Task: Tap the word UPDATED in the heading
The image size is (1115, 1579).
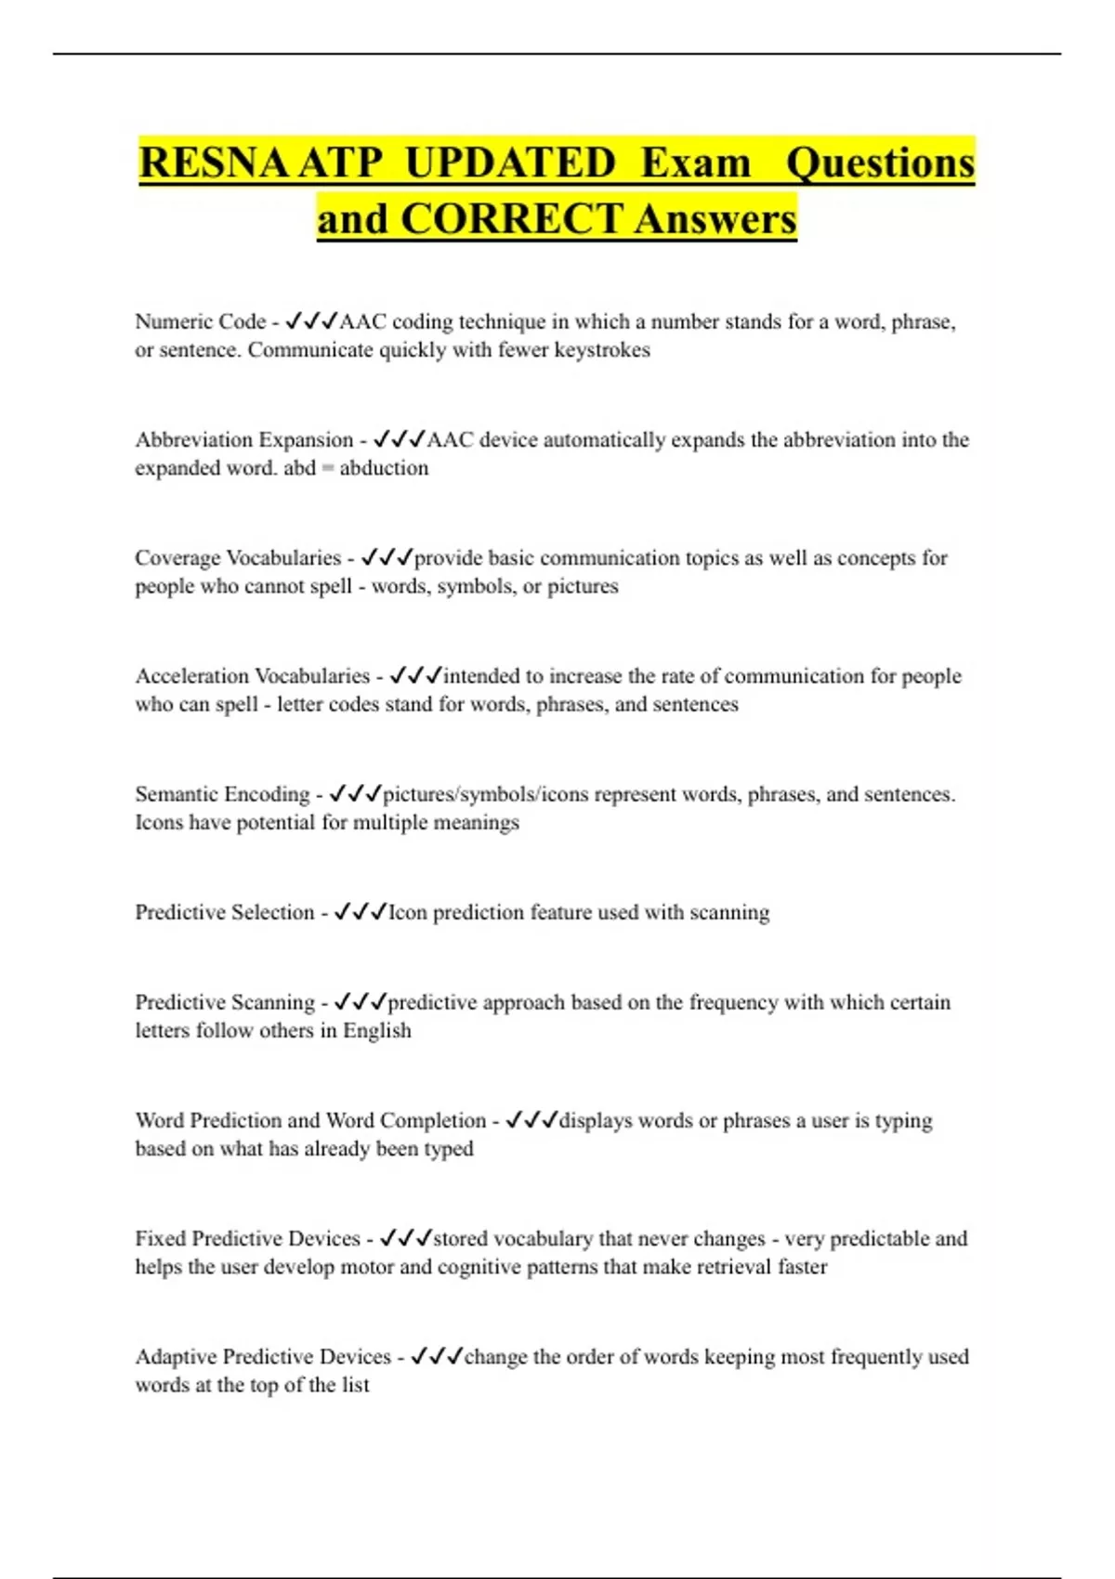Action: (x=510, y=163)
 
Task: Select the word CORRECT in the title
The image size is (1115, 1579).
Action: (x=511, y=219)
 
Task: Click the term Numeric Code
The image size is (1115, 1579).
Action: (x=200, y=321)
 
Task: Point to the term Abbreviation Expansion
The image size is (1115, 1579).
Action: (x=243, y=439)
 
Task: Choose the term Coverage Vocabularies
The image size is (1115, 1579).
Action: (x=238, y=557)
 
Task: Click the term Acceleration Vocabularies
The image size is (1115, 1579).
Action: (x=252, y=675)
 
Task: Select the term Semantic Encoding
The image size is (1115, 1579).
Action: (x=222, y=794)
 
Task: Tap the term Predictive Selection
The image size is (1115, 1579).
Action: (x=224, y=912)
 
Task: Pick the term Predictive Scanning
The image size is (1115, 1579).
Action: (x=225, y=1002)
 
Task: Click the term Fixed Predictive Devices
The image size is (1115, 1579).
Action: (x=247, y=1238)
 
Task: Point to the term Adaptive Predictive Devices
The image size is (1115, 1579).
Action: (x=263, y=1356)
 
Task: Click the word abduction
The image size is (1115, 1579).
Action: (x=384, y=468)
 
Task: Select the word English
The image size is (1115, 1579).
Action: (x=376, y=1031)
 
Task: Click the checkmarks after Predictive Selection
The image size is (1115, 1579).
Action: (x=360, y=912)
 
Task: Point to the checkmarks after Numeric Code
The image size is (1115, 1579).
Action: (x=311, y=321)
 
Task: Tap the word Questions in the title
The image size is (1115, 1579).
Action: (x=880, y=163)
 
